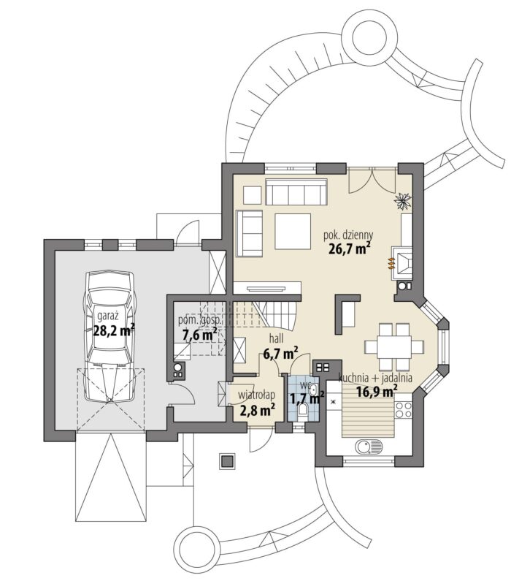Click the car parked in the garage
point(109,336)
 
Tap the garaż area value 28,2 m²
point(114,330)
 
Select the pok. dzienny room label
point(348,235)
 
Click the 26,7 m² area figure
point(350,248)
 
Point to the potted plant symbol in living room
point(403,201)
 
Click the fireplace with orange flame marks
point(401,262)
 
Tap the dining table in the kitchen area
point(394,347)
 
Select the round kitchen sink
point(368,447)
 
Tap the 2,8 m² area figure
point(258,410)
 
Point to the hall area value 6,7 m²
point(281,354)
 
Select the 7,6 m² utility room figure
point(199,335)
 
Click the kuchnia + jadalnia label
point(375,378)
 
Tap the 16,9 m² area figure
point(377,391)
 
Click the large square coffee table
point(293,231)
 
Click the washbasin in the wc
point(313,390)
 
